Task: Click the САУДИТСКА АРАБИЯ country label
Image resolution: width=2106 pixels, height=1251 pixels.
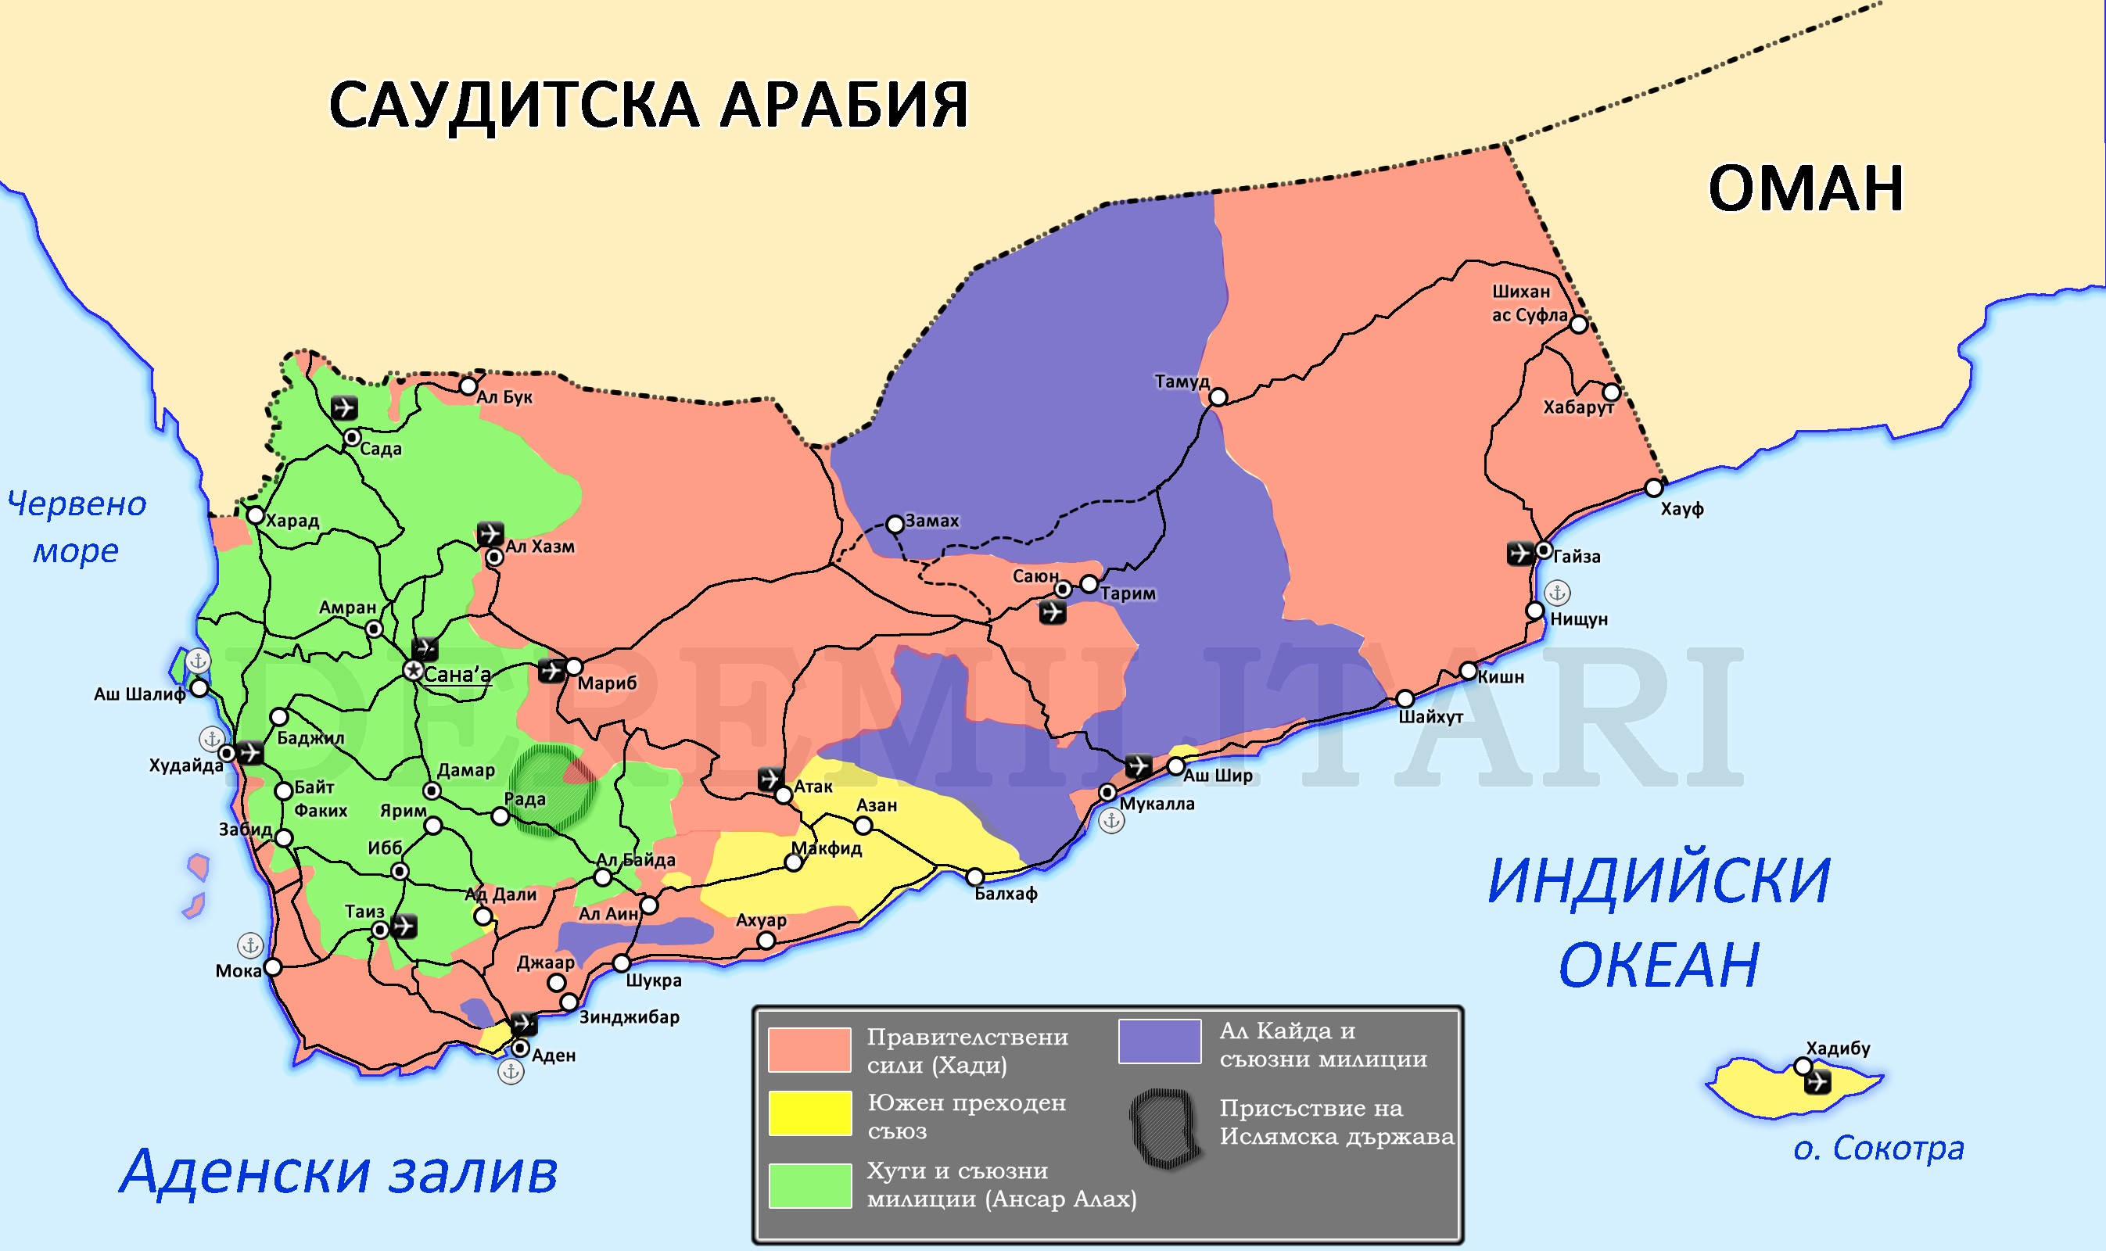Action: pos(648,106)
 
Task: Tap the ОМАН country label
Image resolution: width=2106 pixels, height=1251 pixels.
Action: pos(1805,188)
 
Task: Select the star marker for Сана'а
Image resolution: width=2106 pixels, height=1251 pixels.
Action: pos(412,670)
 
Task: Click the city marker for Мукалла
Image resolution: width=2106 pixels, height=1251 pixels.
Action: pos(1107,792)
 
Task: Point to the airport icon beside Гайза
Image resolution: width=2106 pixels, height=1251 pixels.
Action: pos(1519,553)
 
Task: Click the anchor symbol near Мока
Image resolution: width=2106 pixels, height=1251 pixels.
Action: pos(249,945)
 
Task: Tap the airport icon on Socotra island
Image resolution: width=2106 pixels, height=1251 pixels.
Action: pos(1817,1081)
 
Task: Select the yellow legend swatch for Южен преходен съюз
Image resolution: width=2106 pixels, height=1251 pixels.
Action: pos(809,1112)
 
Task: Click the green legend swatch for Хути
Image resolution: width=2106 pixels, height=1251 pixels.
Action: pos(809,1185)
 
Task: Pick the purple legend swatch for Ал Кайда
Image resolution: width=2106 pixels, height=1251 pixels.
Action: pos(1159,1041)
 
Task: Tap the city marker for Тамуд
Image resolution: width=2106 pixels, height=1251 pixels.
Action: pos(1218,397)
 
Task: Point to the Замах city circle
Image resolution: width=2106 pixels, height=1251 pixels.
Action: pos(895,525)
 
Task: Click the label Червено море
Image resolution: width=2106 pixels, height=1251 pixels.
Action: pos(76,527)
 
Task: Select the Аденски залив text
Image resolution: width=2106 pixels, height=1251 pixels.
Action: pos(339,1172)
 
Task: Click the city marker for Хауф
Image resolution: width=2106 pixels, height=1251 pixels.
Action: pos(1653,487)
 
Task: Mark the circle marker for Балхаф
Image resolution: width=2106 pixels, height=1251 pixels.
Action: pos(974,876)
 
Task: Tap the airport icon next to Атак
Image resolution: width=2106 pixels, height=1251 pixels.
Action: pos(769,777)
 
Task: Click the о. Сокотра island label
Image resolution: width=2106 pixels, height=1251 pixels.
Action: pos(1878,1148)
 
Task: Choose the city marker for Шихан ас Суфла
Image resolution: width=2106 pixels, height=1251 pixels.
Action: pos(1578,324)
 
